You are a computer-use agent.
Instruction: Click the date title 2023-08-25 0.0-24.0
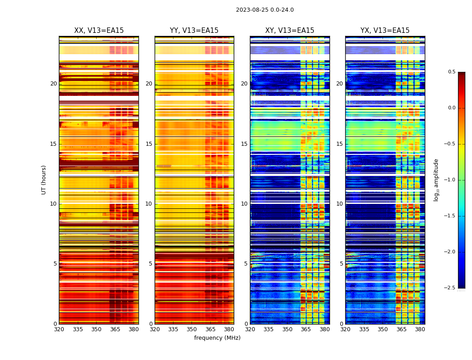[265, 10]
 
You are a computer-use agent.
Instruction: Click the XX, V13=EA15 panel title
[99, 31]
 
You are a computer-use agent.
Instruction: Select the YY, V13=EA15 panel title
[194, 31]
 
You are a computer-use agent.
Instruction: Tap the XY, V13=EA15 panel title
[289, 31]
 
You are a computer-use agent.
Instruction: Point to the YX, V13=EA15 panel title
[385, 31]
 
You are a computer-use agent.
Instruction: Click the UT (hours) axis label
[44, 180]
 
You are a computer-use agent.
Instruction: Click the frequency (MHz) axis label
[217, 338]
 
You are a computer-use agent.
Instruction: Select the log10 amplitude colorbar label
[436, 180]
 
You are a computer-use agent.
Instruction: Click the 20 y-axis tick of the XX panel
[53, 84]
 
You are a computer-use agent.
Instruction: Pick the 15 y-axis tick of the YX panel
[339, 144]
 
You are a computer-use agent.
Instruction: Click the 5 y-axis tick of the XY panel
[246, 264]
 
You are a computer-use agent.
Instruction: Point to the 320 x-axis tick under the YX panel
[345, 329]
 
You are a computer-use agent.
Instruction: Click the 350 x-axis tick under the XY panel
[287, 329]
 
